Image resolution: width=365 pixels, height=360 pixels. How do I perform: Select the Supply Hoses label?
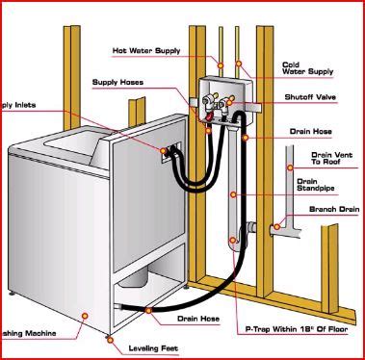tap(119, 82)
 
